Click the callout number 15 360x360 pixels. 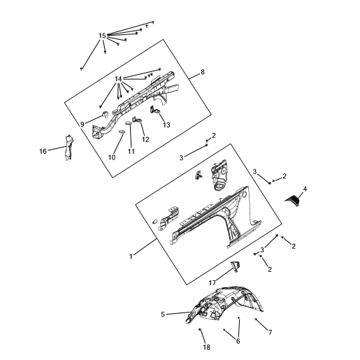[102, 36]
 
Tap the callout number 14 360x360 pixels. [118, 79]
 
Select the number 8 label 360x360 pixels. [203, 72]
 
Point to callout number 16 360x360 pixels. [43, 152]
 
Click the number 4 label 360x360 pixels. [305, 189]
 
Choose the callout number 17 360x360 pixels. [212, 283]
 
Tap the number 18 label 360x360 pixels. [206, 347]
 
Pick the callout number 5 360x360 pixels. [163, 315]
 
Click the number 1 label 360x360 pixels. [131, 257]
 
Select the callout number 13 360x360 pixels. [166, 125]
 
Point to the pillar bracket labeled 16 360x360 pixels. [69, 147]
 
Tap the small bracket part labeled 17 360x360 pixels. [236, 266]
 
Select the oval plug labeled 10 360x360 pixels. [122, 132]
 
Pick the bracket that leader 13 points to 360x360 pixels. [154, 110]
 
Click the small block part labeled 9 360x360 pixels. [104, 114]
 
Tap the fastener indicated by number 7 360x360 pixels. [256, 319]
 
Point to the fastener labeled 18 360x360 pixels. [200, 329]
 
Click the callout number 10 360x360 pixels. [112, 157]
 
